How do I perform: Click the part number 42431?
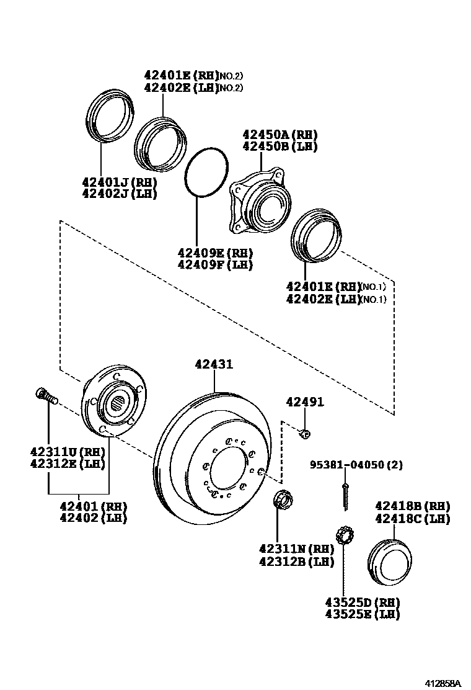click(x=214, y=364)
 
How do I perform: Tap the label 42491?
click(x=305, y=401)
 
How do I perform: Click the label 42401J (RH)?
click(x=120, y=181)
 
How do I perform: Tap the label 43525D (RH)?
click(x=363, y=602)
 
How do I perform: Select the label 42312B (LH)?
click(x=297, y=561)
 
